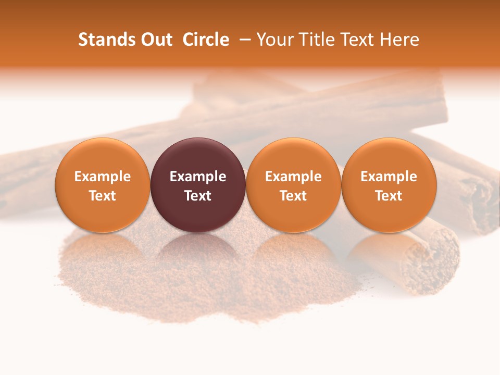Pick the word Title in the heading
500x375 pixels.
(315, 40)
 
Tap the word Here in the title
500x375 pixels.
(400, 40)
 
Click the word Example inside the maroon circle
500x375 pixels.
(198, 177)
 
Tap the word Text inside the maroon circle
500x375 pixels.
(198, 196)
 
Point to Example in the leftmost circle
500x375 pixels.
(103, 177)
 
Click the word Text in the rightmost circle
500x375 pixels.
(389, 196)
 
